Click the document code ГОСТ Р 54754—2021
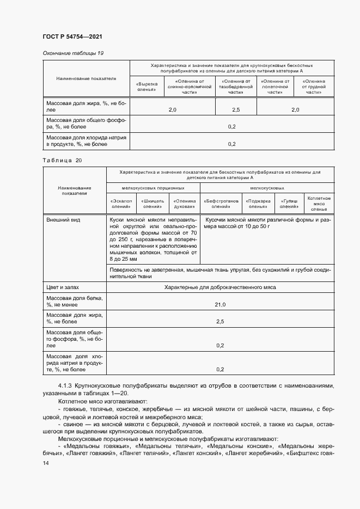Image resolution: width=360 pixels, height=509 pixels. coord(72,36)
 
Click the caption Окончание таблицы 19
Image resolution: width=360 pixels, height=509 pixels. coord(73,53)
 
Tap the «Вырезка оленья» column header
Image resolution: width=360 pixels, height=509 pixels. coord(147,87)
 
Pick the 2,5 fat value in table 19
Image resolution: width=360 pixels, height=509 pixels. coord(235,110)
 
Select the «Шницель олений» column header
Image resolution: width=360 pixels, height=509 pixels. coord(153,204)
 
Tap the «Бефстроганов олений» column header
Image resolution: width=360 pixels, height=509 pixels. coord(221,204)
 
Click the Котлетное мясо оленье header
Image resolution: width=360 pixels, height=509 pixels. coord(319,204)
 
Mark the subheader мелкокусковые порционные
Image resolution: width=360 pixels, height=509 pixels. coord(153,187)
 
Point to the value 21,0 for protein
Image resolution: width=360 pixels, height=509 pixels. coord(220,304)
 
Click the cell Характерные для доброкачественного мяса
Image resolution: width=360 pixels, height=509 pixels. coord(220,287)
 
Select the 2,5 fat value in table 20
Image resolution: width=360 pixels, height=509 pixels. coord(220,322)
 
